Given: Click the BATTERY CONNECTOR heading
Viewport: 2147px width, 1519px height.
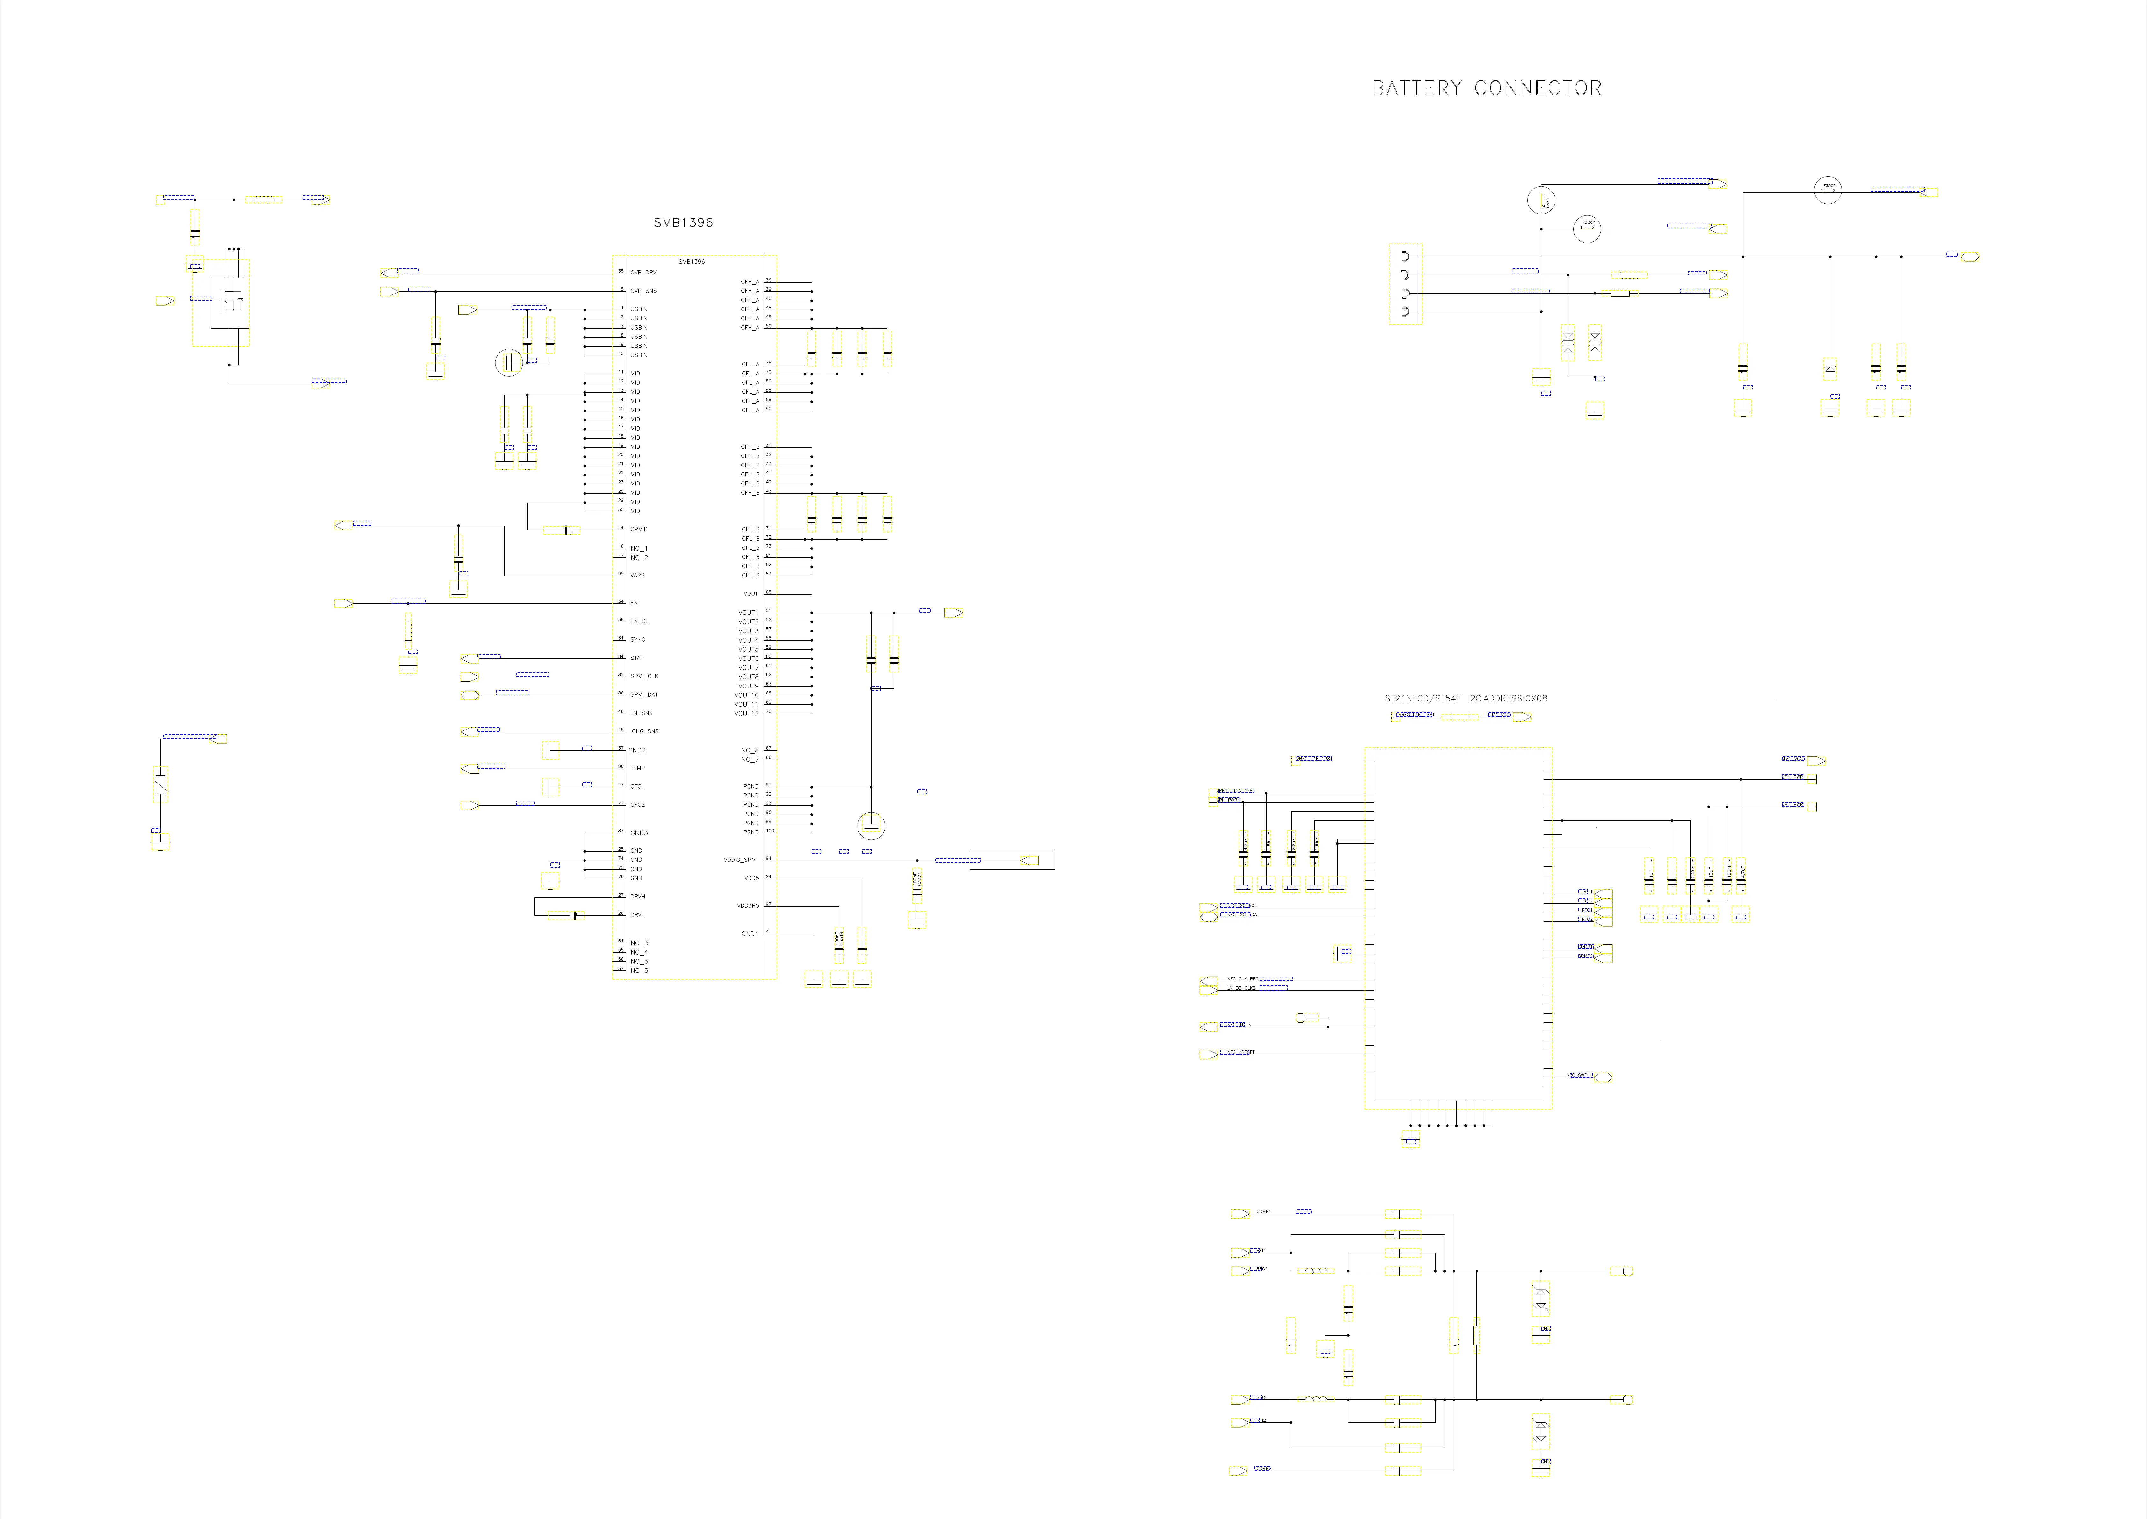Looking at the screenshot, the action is coord(1486,88).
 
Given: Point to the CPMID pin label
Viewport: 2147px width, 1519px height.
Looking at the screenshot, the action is coord(639,529).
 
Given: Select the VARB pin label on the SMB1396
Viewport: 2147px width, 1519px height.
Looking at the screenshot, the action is coord(638,575).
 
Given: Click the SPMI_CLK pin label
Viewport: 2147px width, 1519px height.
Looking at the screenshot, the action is coord(644,676).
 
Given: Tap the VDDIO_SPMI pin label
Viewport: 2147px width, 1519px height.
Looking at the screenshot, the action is coord(741,860).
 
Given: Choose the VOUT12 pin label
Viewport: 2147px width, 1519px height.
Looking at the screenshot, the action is coord(746,714).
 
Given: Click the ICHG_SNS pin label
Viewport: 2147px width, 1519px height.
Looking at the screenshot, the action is coord(644,731).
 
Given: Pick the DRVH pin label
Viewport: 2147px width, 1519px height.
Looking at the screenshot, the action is coord(638,896).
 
